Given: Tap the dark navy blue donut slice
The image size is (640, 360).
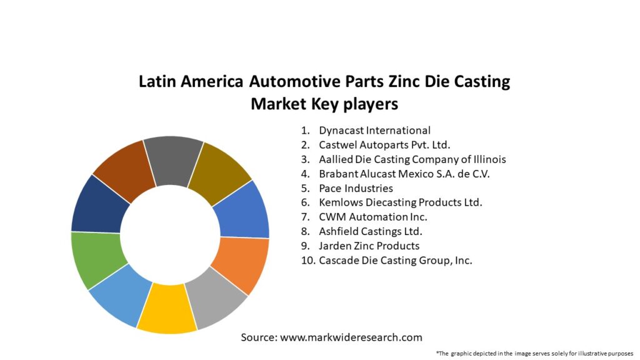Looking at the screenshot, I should pyautogui.click(x=99, y=204).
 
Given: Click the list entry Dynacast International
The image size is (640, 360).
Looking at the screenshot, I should pyautogui.click(x=374, y=131).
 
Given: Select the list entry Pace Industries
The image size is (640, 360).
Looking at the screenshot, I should pyautogui.click(x=356, y=188).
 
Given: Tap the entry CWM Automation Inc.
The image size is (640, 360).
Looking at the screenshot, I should pyautogui.click(x=373, y=217).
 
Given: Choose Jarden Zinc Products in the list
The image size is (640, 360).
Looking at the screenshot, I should pyautogui.click(x=369, y=246).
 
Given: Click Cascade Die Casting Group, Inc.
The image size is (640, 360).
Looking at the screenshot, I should pyautogui.click(x=395, y=261).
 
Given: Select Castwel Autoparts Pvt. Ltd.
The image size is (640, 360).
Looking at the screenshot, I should pyautogui.click(x=384, y=145).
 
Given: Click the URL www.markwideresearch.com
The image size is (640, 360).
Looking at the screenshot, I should pyautogui.click(x=351, y=337).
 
